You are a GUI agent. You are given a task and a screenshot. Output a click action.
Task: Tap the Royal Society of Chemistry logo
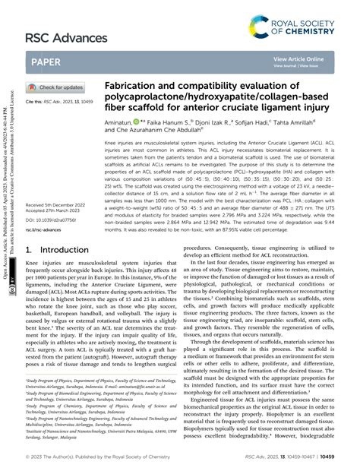[303, 16]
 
